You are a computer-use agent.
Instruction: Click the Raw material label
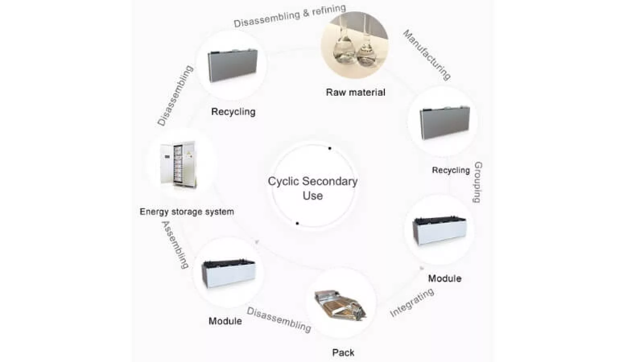coord(355,92)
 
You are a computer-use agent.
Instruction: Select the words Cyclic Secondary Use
coord(313,188)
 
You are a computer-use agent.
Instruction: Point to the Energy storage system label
coord(187,212)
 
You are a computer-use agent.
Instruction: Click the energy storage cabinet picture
coord(179,164)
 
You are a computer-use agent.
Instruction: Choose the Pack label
coord(343,353)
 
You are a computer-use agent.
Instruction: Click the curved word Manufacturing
coord(427,55)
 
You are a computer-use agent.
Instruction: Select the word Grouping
coord(478,182)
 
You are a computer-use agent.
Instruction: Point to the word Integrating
coord(412,302)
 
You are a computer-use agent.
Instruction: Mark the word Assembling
coord(175,245)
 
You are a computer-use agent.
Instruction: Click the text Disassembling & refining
coord(290,16)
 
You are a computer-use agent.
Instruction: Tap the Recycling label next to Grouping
coord(451,170)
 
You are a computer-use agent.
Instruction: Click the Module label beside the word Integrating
coord(444,278)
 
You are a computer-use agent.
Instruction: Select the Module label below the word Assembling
coord(225,321)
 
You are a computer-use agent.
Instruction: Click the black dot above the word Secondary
coord(330,148)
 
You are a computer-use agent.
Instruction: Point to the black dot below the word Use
coord(297,223)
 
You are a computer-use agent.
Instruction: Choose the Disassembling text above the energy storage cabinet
coord(175,96)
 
